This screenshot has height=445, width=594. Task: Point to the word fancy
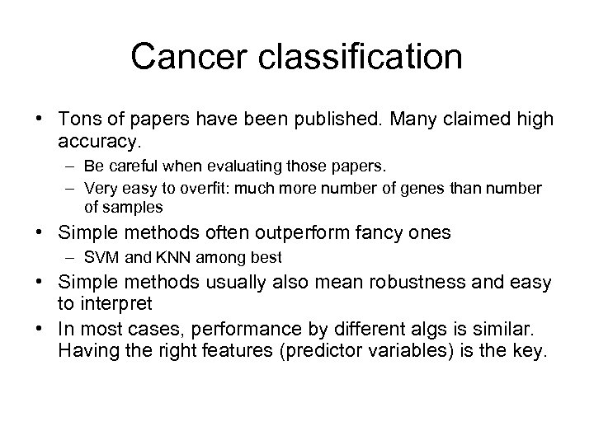373,233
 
